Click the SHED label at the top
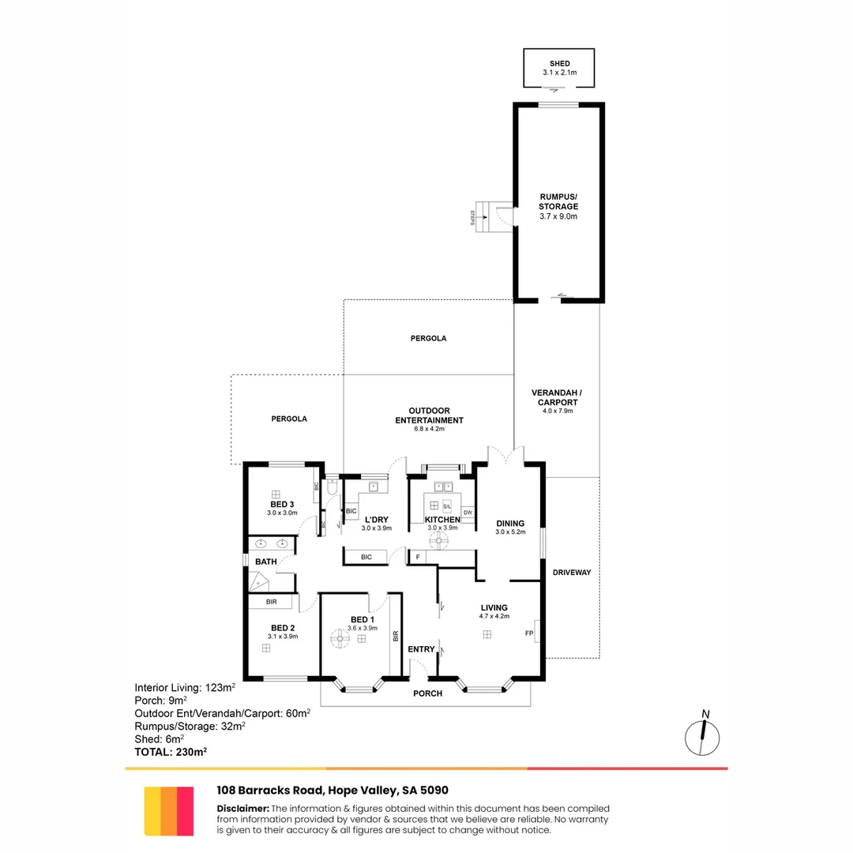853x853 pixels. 559,63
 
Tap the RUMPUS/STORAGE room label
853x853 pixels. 559,201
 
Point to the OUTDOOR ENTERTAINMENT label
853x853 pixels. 430,415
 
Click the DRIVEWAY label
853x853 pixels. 572,572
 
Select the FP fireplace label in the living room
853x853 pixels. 529,633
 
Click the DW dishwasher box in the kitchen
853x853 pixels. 468,513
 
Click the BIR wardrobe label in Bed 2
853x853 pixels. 272,602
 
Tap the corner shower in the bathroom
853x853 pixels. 259,582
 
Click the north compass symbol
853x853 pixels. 702,735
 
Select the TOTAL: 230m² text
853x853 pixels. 171,752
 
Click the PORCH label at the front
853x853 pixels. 426,693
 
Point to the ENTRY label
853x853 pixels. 422,649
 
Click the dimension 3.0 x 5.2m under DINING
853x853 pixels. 510,533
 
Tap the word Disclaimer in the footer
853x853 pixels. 242,808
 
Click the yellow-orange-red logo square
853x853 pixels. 169,810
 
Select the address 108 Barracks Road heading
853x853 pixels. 333,790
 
